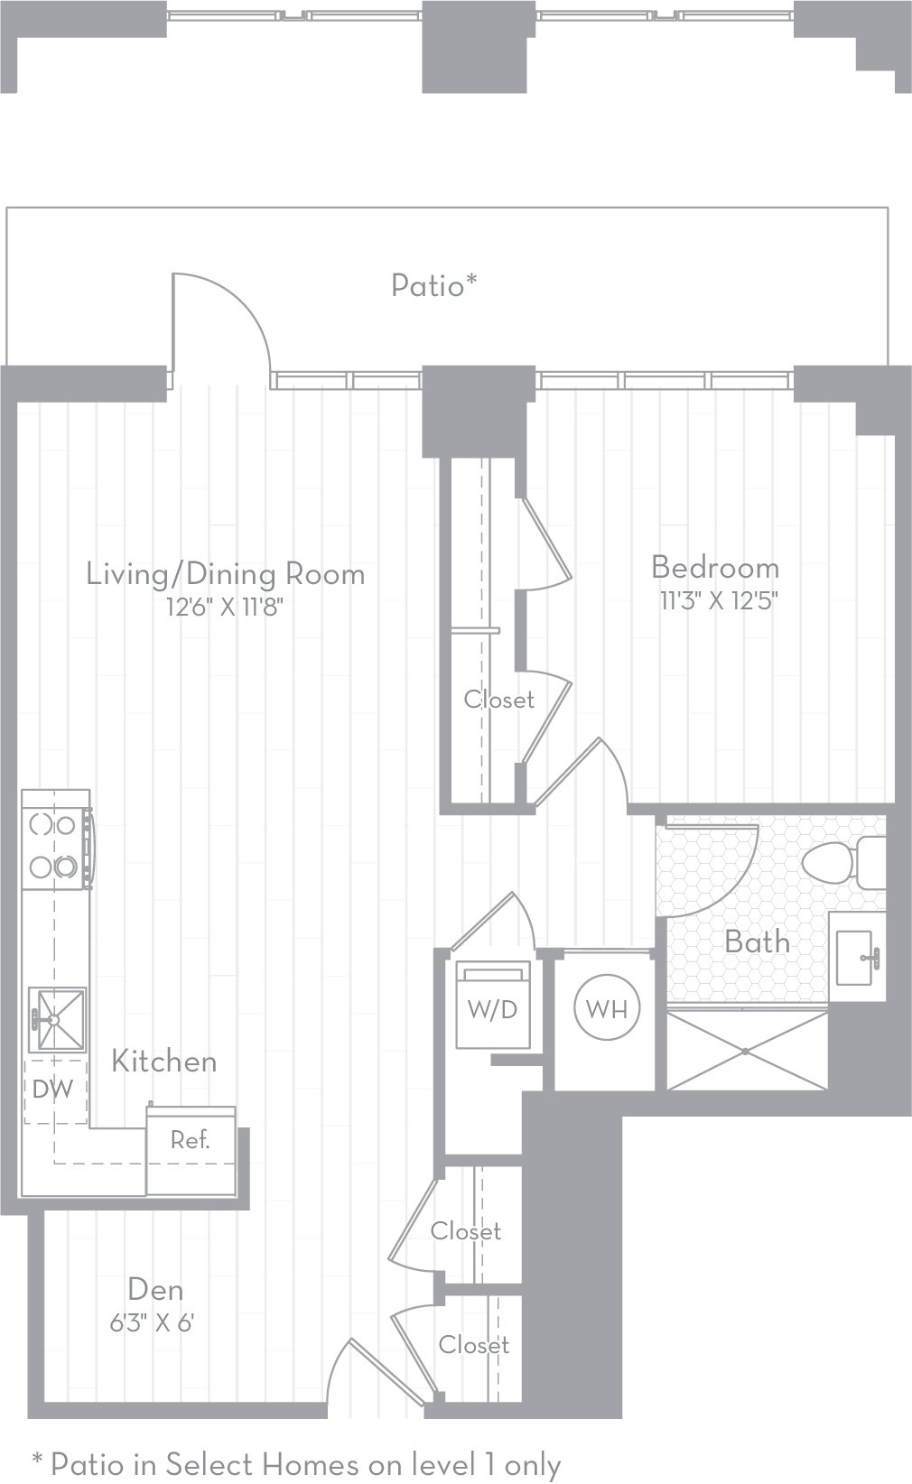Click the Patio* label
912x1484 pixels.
[433, 286]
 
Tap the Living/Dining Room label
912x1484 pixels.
[226, 574]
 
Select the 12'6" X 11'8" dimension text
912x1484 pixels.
[226, 607]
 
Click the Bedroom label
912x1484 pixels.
[715, 568]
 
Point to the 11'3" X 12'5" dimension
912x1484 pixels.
[719, 600]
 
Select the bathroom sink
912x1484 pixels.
[857, 956]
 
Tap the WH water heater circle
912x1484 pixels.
[607, 1008]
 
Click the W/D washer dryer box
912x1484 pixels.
[492, 1008]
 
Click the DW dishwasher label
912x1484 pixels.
[52, 1090]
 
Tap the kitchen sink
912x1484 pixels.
[58, 1020]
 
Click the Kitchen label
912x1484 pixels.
[164, 1062]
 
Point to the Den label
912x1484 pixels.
[155, 1289]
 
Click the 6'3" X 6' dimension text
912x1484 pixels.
[153, 1322]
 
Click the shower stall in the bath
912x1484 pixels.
[746, 1050]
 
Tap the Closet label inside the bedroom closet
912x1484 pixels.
[499, 700]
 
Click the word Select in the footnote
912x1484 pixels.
[205, 1464]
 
